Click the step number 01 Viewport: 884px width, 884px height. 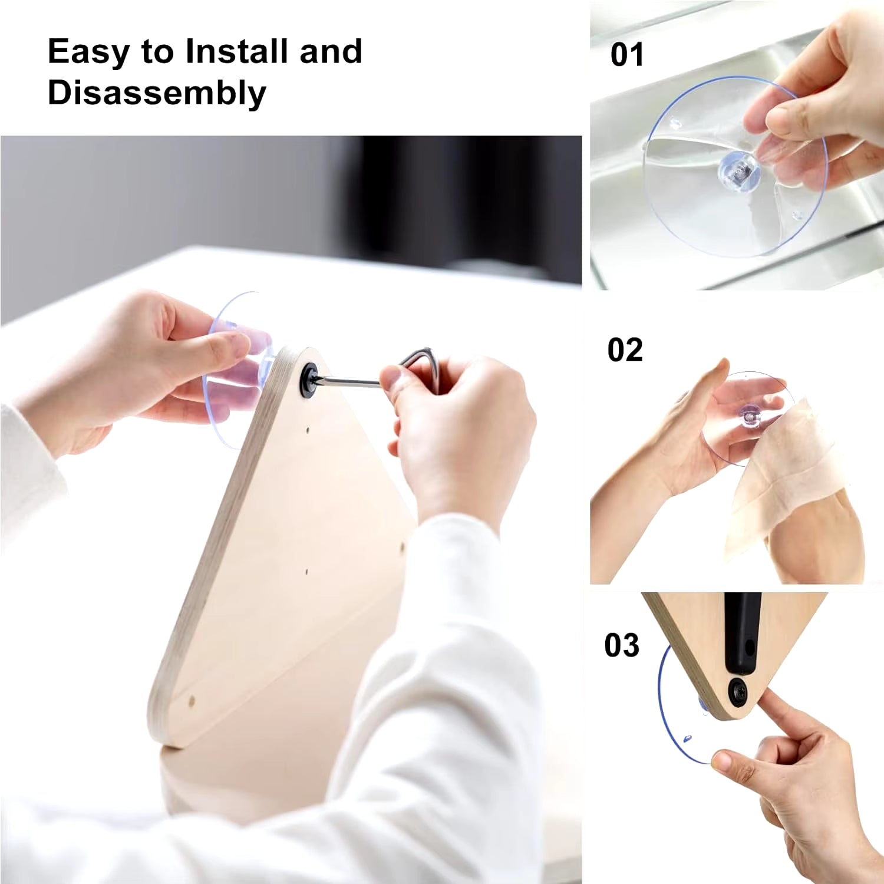[626, 55]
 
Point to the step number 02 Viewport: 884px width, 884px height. [625, 350]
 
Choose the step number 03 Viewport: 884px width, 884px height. [622, 645]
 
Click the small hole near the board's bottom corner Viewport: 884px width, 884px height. [192, 702]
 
